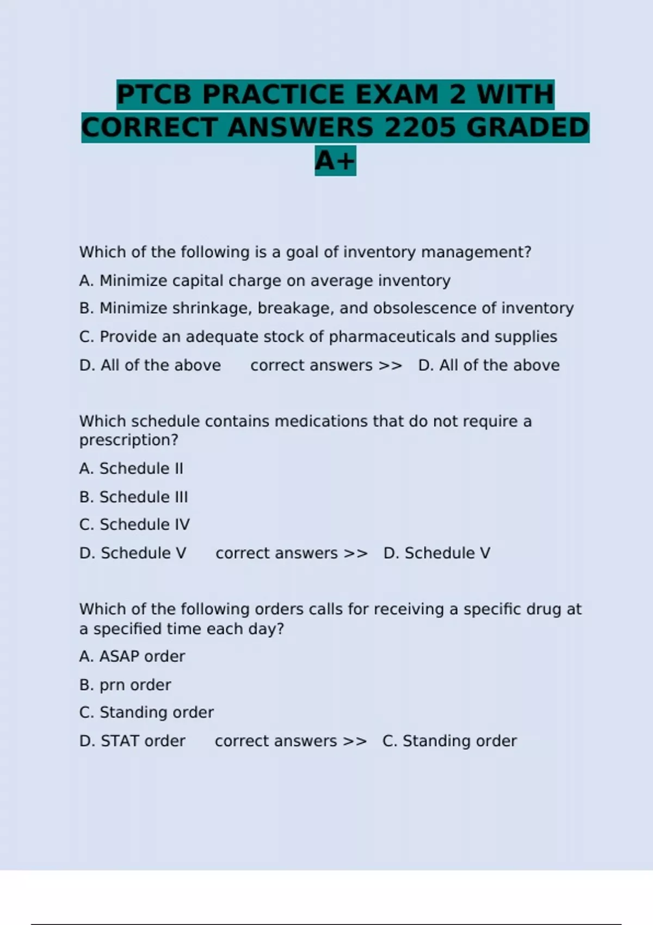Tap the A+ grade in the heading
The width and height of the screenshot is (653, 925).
pos(335,161)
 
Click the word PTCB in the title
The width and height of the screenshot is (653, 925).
pos(155,95)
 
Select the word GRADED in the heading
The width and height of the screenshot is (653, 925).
pos(527,128)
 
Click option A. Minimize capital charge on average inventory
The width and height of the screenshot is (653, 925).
pos(264,281)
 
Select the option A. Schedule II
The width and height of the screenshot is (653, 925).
pos(131,468)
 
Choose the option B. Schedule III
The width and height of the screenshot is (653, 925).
pos(133,497)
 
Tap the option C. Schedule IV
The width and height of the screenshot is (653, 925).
pos(134,525)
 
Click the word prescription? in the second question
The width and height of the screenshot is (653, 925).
pos(128,440)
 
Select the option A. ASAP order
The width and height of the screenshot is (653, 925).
pos(132,657)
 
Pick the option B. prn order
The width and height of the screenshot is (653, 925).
pos(125,685)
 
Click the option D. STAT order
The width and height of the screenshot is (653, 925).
pos(132,741)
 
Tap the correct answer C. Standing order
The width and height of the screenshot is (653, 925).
pos(449,741)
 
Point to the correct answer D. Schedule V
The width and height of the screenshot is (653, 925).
pos(436,553)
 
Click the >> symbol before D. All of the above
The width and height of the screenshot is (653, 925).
pos(390,366)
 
